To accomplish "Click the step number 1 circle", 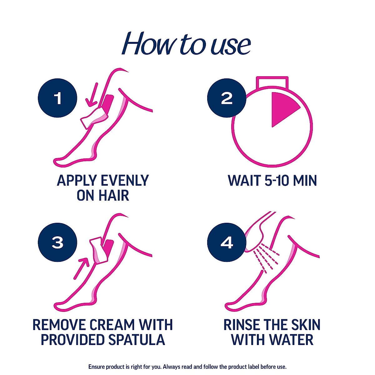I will point(57,98).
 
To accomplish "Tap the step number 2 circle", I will point(227,98).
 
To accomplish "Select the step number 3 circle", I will point(57,242).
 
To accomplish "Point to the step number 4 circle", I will point(227,242).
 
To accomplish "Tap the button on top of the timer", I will point(272,83).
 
